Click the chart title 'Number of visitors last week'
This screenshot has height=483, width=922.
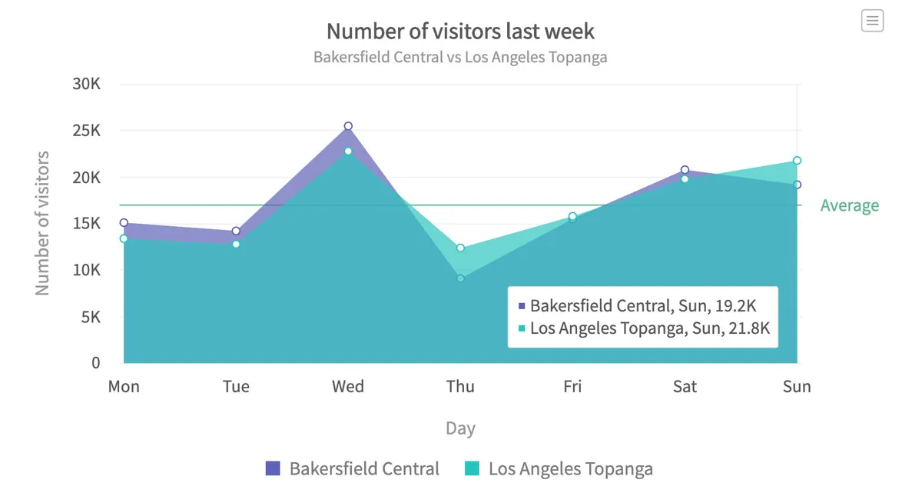460,31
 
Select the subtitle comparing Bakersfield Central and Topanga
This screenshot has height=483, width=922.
460,57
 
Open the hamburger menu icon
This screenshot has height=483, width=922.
872,21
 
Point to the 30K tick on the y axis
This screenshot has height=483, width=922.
86,84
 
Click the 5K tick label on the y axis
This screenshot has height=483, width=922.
91,316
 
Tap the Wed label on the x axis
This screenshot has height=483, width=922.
348,386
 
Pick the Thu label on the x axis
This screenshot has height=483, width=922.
460,386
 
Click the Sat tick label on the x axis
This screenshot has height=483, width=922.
685,386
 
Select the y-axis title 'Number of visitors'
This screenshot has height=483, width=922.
42,223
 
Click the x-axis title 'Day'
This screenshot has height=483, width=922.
460,428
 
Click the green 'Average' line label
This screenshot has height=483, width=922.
849,205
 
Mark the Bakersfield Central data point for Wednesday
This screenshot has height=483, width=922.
348,126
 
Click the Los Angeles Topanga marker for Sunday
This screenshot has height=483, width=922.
797,161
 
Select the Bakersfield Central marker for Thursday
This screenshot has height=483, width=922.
460,278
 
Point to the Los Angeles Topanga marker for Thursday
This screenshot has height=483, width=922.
460,248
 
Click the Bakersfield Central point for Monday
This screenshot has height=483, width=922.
124,222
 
